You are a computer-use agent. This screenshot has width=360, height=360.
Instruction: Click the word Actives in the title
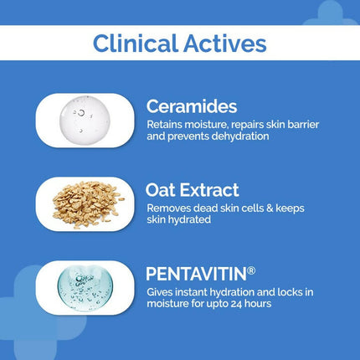point(227,44)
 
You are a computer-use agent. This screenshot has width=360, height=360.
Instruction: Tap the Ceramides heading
point(191,106)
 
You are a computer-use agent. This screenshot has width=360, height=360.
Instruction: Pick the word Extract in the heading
point(210,190)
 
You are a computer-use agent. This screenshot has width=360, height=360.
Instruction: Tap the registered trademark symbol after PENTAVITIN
point(246,269)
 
